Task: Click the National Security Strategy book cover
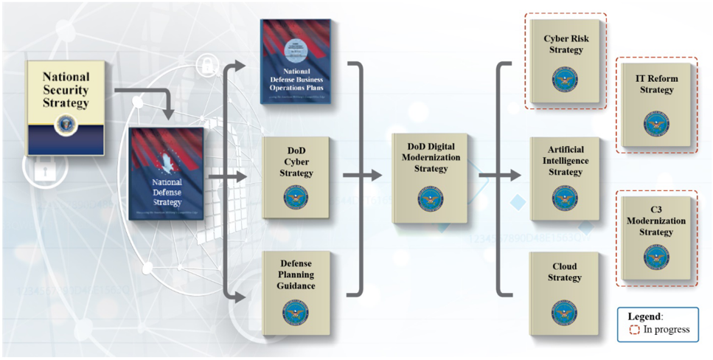(x=66, y=107)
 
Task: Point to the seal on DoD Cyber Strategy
(x=296, y=197)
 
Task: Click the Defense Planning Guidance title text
(x=296, y=274)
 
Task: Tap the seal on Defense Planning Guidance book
(x=296, y=313)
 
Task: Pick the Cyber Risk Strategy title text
(x=565, y=44)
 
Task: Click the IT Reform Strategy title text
(x=656, y=84)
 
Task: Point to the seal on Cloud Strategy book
(x=565, y=313)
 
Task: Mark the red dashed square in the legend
(x=634, y=330)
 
